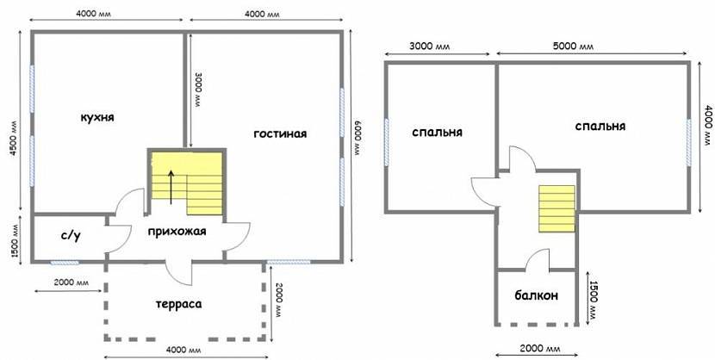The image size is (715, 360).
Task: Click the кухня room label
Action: click(x=97, y=118)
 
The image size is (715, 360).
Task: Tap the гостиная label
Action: click(x=280, y=134)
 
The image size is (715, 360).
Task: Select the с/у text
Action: click(x=71, y=236)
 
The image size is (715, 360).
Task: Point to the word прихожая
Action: click(x=177, y=232)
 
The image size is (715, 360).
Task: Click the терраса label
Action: click(x=178, y=304)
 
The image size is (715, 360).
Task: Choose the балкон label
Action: click(x=536, y=295)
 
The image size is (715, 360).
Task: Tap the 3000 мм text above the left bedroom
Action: click(x=428, y=47)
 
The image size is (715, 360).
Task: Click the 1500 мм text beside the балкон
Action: click(x=594, y=296)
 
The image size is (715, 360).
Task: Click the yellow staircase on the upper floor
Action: click(x=556, y=208)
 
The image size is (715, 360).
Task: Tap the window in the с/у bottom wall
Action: click(x=65, y=263)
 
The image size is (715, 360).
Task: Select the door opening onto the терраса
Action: click(x=181, y=273)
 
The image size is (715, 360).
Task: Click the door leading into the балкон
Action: click(x=538, y=260)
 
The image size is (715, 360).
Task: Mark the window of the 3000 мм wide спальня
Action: click(x=387, y=142)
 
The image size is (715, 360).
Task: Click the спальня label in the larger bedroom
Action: click(x=600, y=127)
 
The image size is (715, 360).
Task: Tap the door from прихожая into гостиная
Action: click(x=237, y=236)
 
